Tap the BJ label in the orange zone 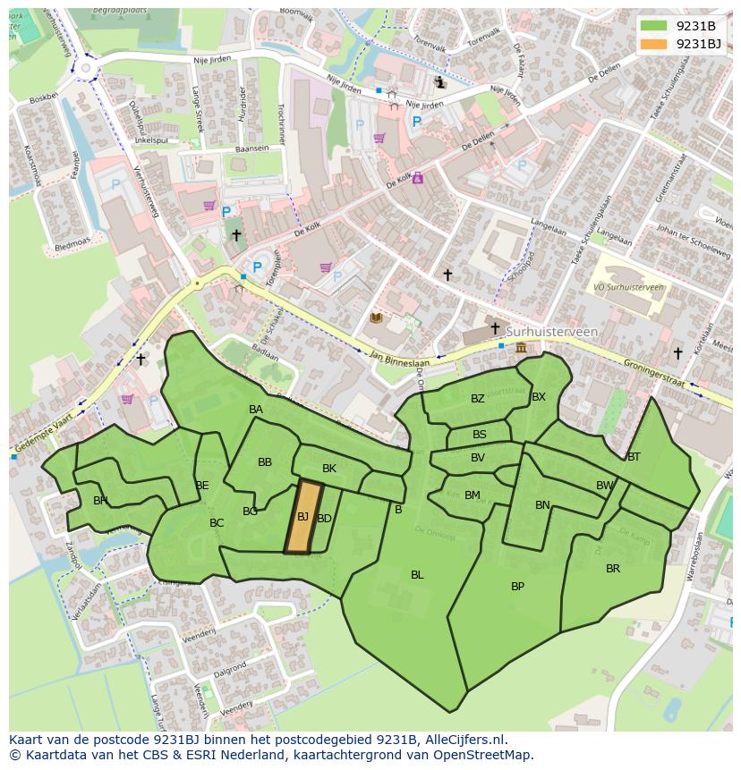point(302,517)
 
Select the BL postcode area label point(417,575)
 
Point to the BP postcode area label point(517,587)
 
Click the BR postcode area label point(613,569)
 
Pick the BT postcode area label point(634,457)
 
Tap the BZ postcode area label point(477,399)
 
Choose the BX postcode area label point(539,397)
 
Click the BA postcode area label point(256,410)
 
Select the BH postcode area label point(100,501)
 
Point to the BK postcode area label point(329,469)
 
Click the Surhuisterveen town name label point(551,332)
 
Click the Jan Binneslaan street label point(399,360)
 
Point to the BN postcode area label point(542,505)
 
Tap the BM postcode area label point(473,495)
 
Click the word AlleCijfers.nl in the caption point(464,740)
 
